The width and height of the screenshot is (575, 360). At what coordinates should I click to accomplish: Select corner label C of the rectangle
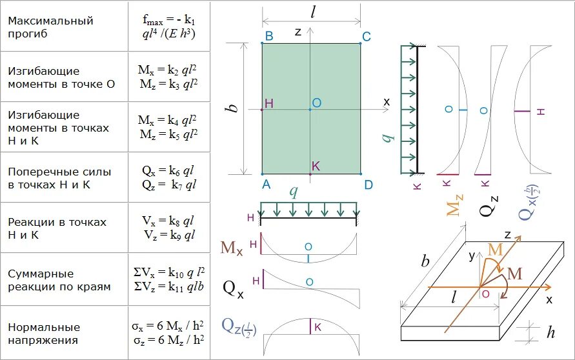point(366,37)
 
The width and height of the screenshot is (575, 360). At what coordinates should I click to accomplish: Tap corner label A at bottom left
point(265,185)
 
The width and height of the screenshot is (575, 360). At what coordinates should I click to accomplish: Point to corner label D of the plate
point(368,185)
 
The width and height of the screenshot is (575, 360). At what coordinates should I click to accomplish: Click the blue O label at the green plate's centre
point(316,103)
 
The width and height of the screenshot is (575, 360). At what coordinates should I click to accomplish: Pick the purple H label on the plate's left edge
point(269,104)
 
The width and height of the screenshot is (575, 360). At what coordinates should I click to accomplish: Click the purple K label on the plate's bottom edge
point(316,166)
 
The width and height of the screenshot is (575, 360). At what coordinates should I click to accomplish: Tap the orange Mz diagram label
point(454,201)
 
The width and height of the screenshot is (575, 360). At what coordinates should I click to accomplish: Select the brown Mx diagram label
point(232,247)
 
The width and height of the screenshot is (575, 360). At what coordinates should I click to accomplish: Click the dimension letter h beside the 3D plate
point(550,333)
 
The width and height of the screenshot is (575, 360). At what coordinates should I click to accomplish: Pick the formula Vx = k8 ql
point(168,221)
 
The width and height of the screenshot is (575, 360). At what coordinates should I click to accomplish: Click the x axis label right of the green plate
point(387,101)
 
